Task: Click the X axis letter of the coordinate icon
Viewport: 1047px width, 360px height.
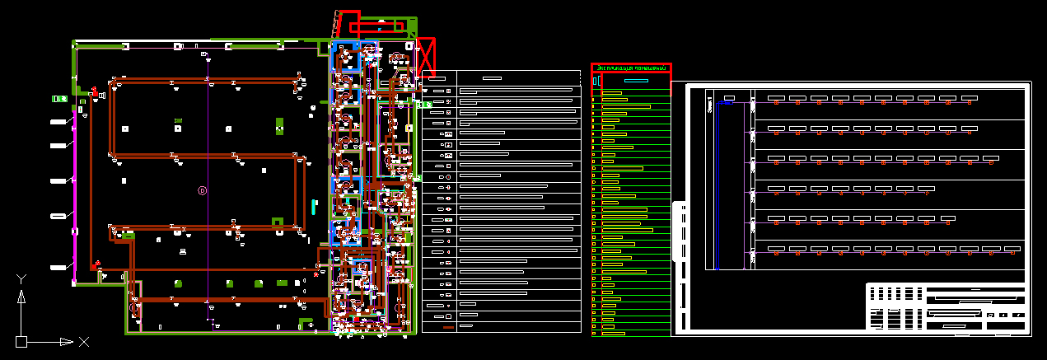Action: tap(83, 341)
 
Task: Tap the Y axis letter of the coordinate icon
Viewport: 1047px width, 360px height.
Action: tap(22, 279)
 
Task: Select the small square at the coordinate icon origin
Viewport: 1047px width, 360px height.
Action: tap(21, 341)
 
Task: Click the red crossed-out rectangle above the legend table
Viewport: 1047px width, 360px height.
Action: tap(426, 58)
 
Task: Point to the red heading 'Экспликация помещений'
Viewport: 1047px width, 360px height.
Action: tap(631, 68)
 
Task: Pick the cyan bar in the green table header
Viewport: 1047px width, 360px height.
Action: tap(636, 81)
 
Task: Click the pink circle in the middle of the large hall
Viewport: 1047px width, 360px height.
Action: tap(203, 190)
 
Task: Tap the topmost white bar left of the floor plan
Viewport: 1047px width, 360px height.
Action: tap(58, 122)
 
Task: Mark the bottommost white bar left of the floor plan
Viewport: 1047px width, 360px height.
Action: tap(58, 268)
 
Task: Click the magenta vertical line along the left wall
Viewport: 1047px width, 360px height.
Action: tap(75, 189)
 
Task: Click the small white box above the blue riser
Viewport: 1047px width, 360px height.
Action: tap(728, 99)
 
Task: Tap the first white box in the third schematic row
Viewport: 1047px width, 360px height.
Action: tap(775, 158)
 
